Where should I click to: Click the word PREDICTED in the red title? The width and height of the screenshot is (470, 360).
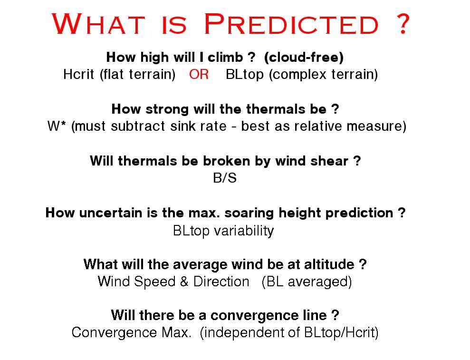(x=292, y=24)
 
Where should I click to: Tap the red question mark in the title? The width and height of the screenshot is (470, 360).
(x=403, y=23)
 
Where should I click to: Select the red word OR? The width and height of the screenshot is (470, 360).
(x=199, y=74)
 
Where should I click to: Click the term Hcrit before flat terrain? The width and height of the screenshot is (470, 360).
(x=78, y=74)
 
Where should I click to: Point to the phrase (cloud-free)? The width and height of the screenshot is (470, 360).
(x=304, y=57)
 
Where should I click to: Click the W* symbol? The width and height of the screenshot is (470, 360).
(x=57, y=126)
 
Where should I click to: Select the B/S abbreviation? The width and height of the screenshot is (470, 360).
(x=224, y=177)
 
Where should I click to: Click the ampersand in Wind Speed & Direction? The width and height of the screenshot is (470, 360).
(x=184, y=282)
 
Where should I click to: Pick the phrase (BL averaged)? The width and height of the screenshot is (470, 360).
(x=307, y=282)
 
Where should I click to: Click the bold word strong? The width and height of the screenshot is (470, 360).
(x=167, y=109)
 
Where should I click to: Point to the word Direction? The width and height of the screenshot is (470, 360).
(x=221, y=282)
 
